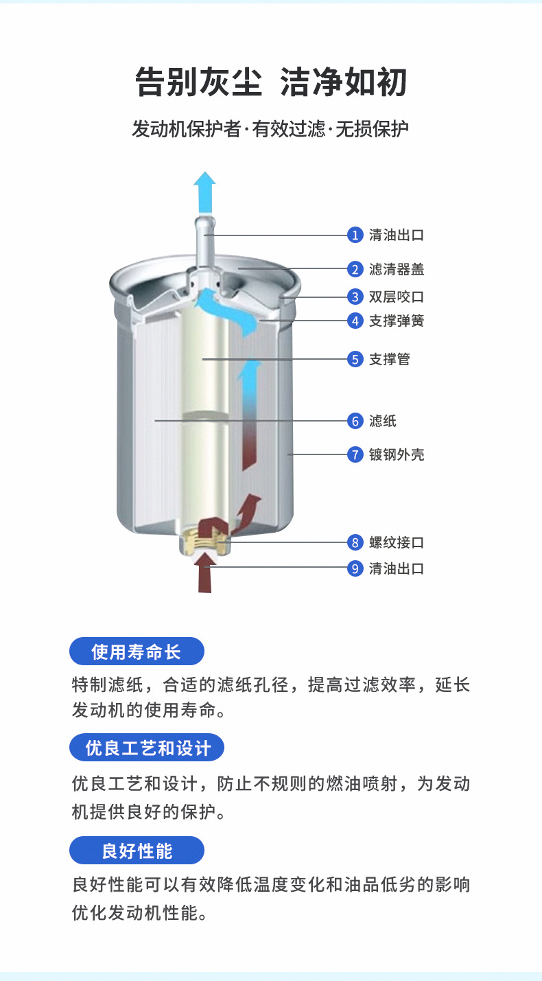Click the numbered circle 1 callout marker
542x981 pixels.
coord(355,235)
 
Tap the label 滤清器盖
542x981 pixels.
coord(397,269)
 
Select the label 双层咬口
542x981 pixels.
coord(397,297)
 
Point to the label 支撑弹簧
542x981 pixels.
coord(397,321)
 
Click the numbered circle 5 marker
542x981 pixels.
coord(355,359)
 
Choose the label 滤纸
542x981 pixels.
coord(383,421)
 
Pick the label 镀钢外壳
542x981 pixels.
coord(397,454)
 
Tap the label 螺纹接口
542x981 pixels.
coord(397,542)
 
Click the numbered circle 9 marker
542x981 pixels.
coord(355,568)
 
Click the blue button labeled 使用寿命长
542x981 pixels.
coord(137,651)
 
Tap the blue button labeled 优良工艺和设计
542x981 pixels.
coord(147,748)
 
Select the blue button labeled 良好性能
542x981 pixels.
coord(137,851)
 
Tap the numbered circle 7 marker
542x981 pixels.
coord(355,454)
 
